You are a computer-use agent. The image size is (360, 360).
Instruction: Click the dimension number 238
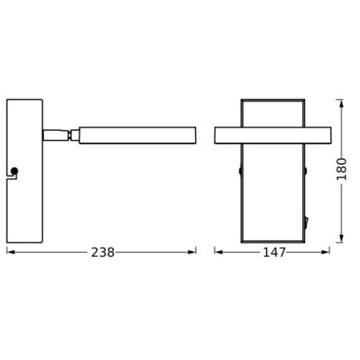(x=102, y=253)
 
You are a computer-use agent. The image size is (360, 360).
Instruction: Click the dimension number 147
(x=272, y=253)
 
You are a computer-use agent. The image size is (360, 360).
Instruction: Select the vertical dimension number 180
(x=341, y=169)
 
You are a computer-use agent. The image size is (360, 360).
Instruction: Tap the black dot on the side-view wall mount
(x=14, y=172)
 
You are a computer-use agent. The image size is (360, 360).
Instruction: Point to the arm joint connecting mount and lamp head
(x=61, y=134)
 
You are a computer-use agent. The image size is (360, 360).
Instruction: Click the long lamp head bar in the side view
(x=137, y=135)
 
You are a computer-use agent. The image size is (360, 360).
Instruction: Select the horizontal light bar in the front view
(x=272, y=135)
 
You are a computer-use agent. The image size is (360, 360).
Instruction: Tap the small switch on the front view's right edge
(x=306, y=223)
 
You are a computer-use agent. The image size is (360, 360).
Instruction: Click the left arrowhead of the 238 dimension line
(x=9, y=252)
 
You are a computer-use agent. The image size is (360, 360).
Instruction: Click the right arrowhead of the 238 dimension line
(x=194, y=252)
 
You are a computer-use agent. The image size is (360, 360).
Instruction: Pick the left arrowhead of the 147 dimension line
(x=217, y=252)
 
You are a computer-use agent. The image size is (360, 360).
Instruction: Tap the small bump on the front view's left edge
(x=240, y=171)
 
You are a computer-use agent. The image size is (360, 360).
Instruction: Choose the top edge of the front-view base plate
(x=272, y=101)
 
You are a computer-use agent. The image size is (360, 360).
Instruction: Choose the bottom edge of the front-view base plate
(x=272, y=242)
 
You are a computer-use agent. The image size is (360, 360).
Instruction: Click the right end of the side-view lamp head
(x=194, y=135)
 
